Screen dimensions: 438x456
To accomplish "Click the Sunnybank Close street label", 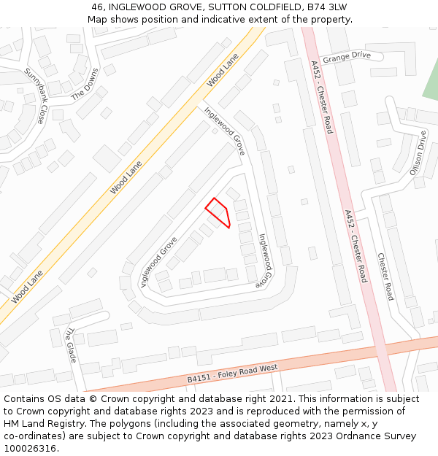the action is click(x=35, y=96).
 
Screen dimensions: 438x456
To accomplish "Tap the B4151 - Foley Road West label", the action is click(x=232, y=374).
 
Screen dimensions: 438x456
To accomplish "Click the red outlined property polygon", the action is click(x=218, y=212).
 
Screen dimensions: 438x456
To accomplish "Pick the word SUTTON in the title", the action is click(x=231, y=7).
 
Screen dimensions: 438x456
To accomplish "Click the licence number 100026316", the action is click(x=31, y=448).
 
